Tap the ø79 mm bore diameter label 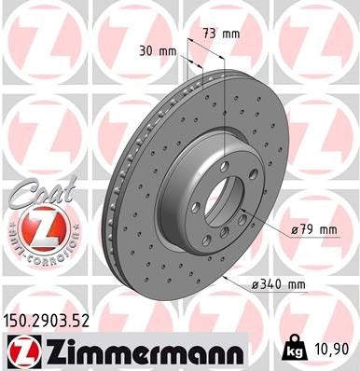314,228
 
